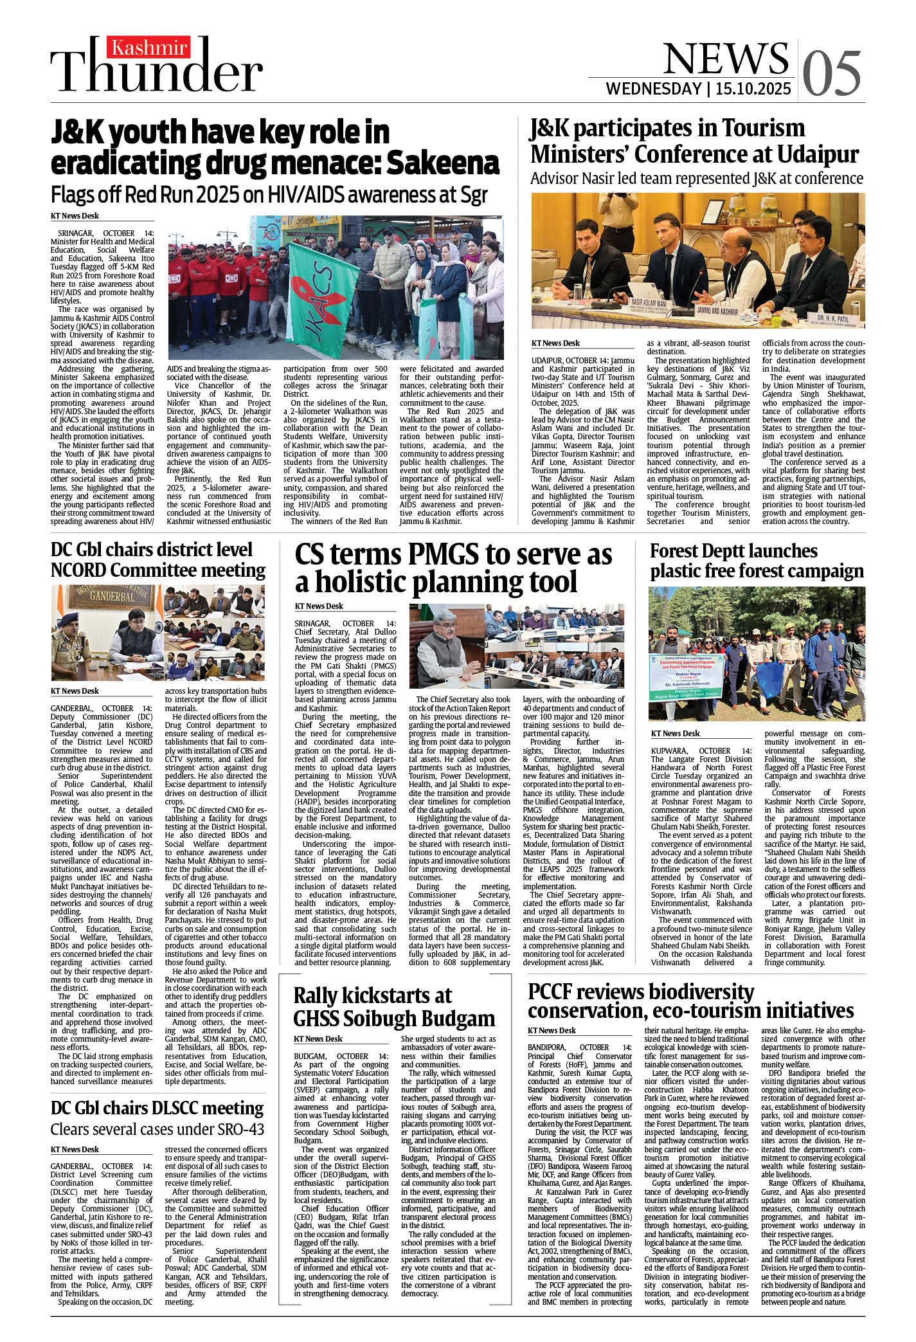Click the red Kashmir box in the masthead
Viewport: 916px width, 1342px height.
coord(150,48)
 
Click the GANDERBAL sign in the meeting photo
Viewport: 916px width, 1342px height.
coord(112,596)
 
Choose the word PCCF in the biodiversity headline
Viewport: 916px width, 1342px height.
coord(557,992)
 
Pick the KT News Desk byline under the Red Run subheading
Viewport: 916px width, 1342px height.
coord(75,216)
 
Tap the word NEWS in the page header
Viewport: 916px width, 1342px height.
coord(725,59)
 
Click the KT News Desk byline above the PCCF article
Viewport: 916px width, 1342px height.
coord(552,1030)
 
